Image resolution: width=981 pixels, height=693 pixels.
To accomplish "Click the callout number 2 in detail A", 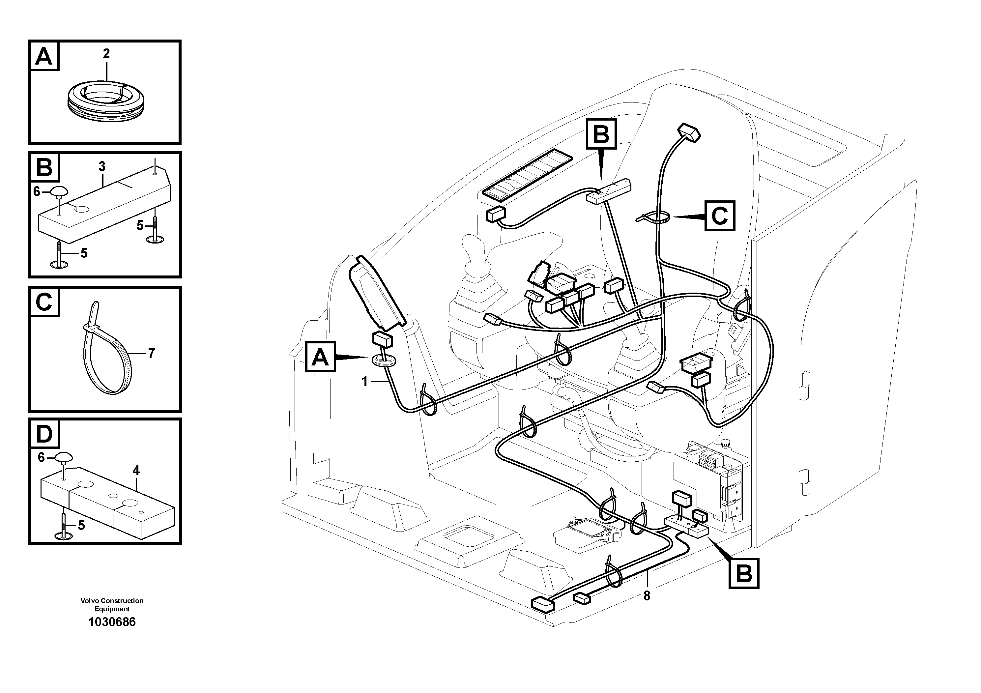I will coord(106,54).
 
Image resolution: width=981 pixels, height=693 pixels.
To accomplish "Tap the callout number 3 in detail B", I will coord(102,166).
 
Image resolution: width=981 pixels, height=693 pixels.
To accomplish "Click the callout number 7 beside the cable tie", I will coord(151,353).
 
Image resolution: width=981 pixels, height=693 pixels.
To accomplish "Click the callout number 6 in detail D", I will coord(41,458).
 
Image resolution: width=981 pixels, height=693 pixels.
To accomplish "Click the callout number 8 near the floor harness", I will coord(647,595).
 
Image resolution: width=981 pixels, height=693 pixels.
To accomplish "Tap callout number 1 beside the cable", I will coord(364,381).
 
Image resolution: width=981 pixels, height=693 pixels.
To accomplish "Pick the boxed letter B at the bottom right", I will coord(743,573).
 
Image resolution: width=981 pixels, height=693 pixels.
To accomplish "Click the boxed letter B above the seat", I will coord(601,134).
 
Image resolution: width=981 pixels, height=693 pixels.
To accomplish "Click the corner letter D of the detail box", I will coord(44,434).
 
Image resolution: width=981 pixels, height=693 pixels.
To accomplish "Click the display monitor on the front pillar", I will coord(376,294).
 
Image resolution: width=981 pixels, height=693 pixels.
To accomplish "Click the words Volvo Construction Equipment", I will coord(112,605).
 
